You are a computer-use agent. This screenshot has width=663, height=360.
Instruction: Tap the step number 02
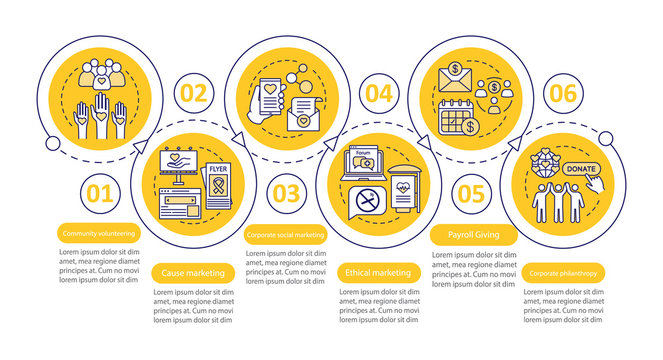point(192,95)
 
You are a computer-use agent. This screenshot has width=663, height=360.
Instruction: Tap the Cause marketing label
point(193,272)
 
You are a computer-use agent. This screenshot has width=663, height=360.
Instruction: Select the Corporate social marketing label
point(285,235)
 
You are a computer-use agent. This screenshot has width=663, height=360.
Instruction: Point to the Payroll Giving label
point(470,235)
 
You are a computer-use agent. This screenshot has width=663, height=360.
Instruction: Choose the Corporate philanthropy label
point(563,272)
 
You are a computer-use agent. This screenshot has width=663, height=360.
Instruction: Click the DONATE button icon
point(580,168)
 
